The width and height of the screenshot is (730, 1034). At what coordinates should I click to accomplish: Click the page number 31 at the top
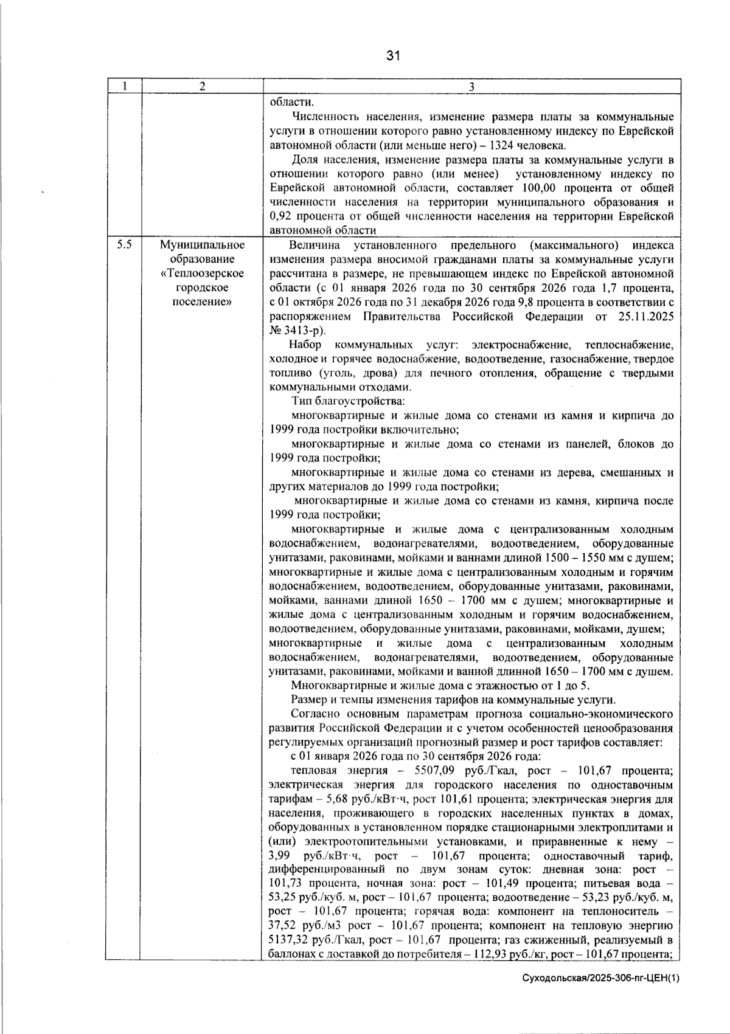[393, 56]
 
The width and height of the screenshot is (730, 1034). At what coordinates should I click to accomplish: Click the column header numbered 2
[202, 86]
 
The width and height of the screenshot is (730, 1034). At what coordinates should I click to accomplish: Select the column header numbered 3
[471, 86]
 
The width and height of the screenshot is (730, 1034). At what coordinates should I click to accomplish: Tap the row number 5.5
[124, 245]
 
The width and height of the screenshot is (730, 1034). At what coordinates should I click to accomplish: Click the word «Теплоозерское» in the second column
[202, 274]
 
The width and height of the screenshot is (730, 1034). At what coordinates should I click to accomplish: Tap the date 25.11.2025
[644, 317]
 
